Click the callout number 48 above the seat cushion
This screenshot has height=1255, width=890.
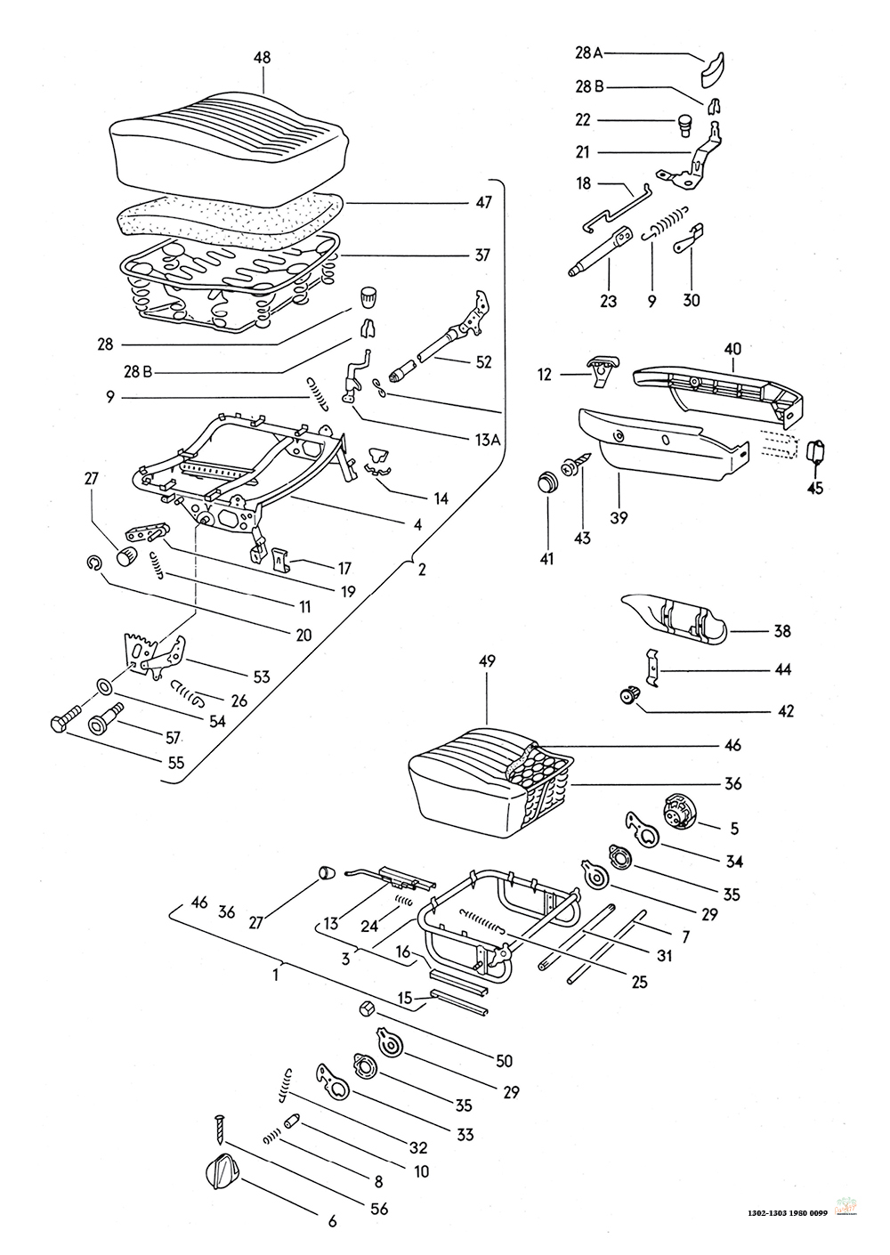click(x=263, y=57)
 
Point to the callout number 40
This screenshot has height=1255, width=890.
click(x=732, y=349)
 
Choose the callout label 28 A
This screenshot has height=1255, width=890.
click(x=588, y=53)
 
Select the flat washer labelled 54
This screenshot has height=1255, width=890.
click(x=103, y=685)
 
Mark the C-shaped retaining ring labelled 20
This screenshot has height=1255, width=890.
click(x=93, y=563)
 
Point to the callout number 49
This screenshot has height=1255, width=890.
click(x=487, y=661)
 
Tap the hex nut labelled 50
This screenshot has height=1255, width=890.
click(x=367, y=1008)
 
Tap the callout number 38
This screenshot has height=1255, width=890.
click(x=782, y=631)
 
